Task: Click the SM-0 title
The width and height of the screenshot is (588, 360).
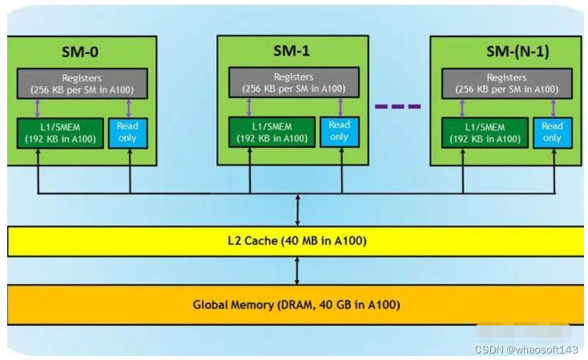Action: point(81,51)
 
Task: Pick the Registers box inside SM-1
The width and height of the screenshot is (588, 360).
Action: point(293,82)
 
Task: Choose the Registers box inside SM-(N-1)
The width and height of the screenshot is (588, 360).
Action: point(507,83)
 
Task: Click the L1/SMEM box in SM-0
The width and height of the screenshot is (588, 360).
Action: point(60,133)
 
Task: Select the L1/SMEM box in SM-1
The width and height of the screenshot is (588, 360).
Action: point(271,132)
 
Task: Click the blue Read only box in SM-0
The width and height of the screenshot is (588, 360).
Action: point(128,132)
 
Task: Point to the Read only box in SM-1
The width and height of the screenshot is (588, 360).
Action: point(339,131)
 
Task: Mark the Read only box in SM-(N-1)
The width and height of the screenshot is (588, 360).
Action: point(552,132)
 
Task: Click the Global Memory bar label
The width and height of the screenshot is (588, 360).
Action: point(296,304)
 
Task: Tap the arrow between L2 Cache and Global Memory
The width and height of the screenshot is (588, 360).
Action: point(297,271)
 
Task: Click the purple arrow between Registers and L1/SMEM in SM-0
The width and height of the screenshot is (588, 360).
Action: point(37,108)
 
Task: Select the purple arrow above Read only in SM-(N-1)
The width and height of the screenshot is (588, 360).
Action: point(553,108)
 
